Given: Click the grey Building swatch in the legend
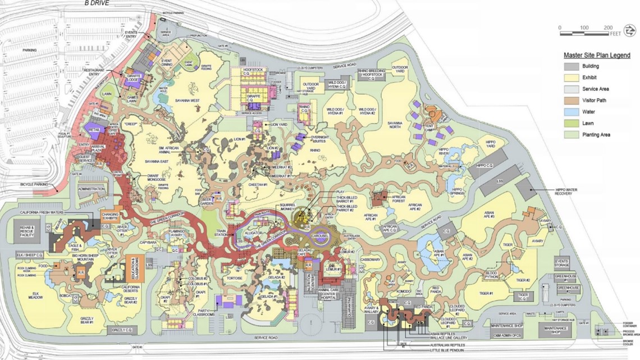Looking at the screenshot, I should [x=572, y=66].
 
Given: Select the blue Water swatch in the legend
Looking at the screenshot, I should [x=572, y=112].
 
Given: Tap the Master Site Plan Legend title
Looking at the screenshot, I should [x=596, y=56].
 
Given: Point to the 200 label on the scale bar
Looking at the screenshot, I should [x=608, y=28].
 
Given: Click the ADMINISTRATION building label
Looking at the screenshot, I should [x=93, y=189].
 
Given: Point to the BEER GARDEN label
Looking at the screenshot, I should [x=208, y=200].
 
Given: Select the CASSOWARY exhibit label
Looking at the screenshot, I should [x=371, y=260].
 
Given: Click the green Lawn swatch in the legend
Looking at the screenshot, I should [x=572, y=123].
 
